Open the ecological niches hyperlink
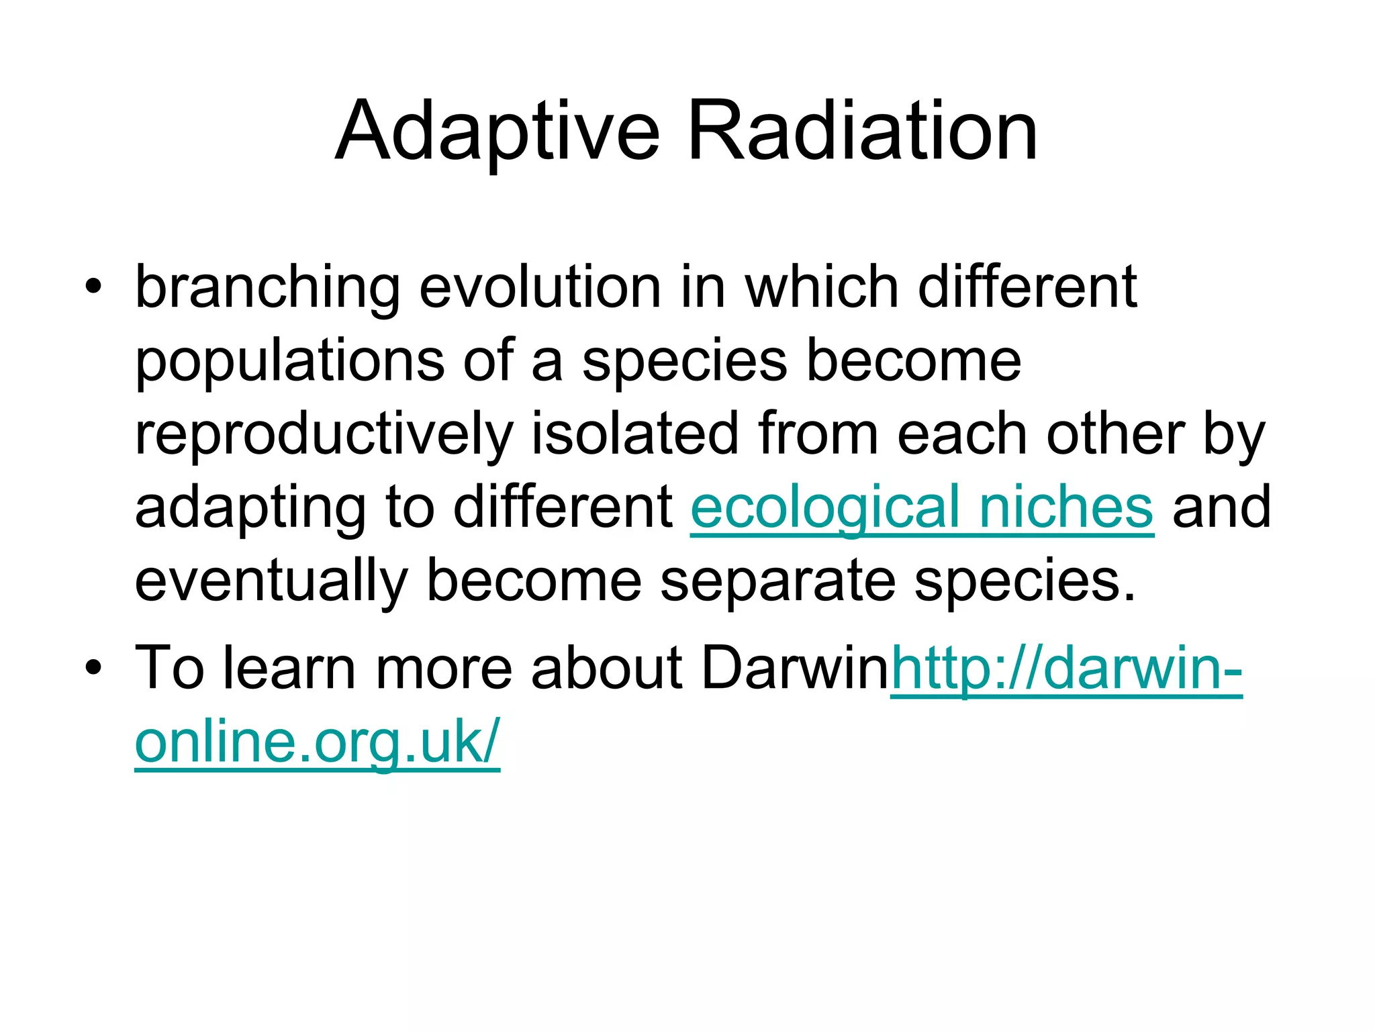coord(922,508)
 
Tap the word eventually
coord(271,581)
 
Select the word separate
coord(777,581)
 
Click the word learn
coord(289,669)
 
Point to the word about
coord(606,669)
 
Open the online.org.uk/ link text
coord(318,742)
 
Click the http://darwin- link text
coord(1066,669)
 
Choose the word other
coord(1115,435)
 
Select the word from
coord(818,435)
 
